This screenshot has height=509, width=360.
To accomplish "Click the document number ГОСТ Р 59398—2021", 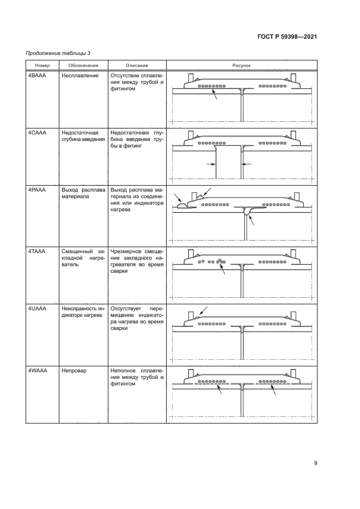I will click(288, 36).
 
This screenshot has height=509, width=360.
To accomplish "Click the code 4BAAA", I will click(37, 76).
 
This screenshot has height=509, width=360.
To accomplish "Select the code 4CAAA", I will click(37, 133).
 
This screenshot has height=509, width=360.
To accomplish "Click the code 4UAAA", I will click(37, 308).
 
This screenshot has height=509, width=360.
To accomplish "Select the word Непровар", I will click(75, 370).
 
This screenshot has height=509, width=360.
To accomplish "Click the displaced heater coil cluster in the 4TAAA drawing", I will click(221, 262).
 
